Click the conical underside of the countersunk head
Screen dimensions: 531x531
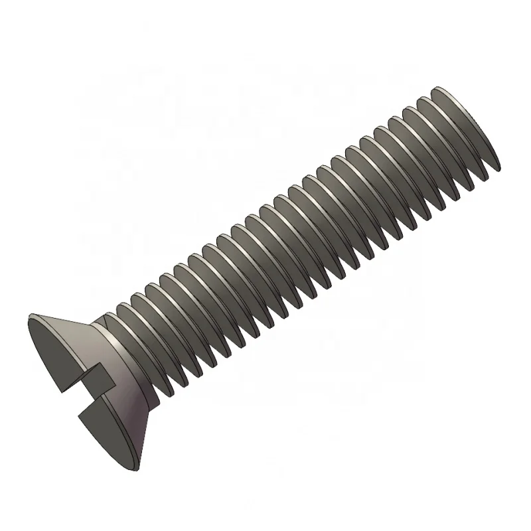[133, 372]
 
